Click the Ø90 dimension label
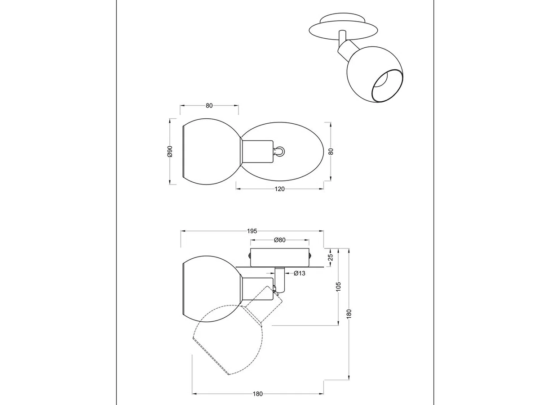[x=170, y=152]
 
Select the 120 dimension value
[x=279, y=189]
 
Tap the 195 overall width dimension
[x=252, y=231]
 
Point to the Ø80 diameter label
[x=280, y=240]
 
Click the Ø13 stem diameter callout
[x=299, y=273]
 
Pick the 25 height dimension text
[x=331, y=257]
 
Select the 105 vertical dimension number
[x=338, y=287]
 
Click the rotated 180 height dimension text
[x=349, y=314]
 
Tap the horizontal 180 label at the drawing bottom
[x=257, y=394]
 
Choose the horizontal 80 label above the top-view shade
[x=209, y=105]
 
